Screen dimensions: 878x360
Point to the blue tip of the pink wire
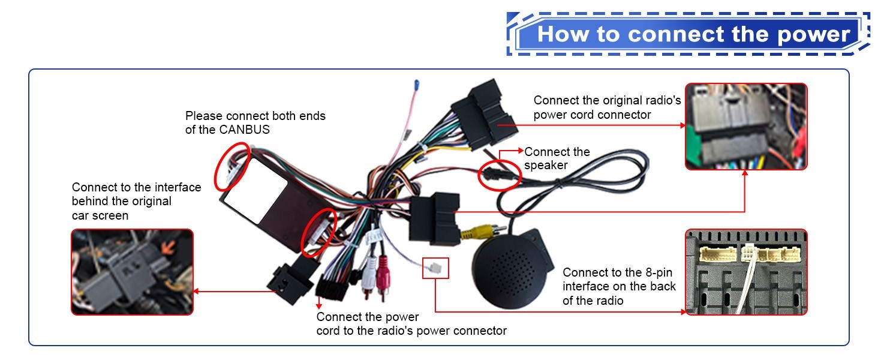click(x=417, y=85)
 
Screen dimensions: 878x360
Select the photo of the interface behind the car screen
click(x=132, y=272)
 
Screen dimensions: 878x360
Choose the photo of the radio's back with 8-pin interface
click(x=746, y=272)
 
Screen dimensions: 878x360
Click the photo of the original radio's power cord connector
click(x=746, y=127)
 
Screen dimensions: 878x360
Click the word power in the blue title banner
click(x=813, y=35)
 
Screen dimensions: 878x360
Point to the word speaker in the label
click(x=546, y=166)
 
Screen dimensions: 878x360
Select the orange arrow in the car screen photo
click(x=169, y=246)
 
